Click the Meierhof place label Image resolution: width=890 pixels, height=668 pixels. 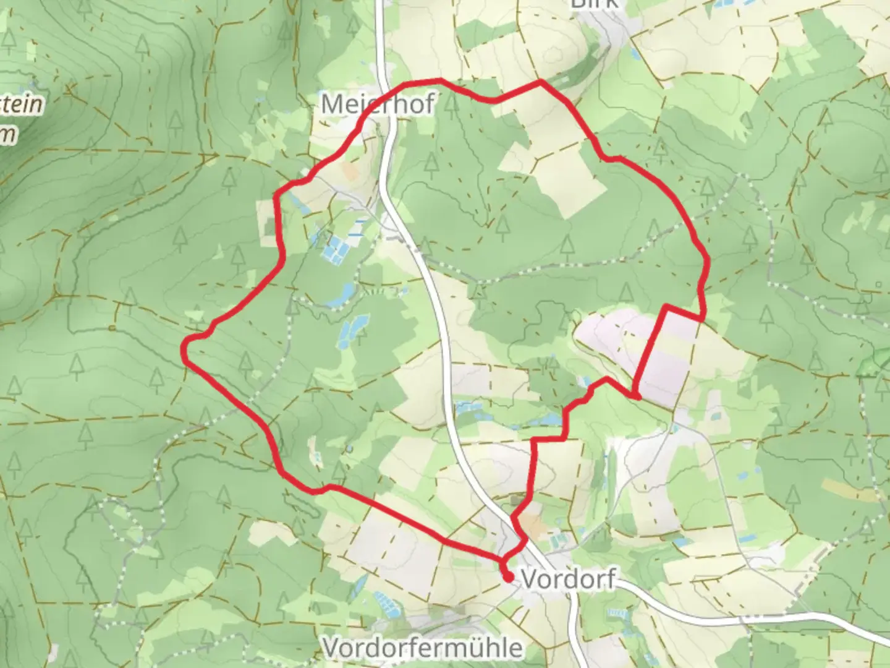[x=378, y=104]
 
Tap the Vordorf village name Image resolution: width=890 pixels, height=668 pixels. [x=568, y=580]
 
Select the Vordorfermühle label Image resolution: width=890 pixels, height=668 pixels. [x=423, y=648]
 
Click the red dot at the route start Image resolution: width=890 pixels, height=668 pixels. [x=508, y=578]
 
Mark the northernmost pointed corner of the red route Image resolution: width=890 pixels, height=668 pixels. [x=541, y=81]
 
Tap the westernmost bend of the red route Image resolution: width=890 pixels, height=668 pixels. [x=184, y=349]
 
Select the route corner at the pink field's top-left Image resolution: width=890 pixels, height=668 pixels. [x=666, y=306]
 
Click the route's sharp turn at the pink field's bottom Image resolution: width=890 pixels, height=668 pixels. [x=635, y=394]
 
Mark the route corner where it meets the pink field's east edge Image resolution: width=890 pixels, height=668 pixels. [x=702, y=318]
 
